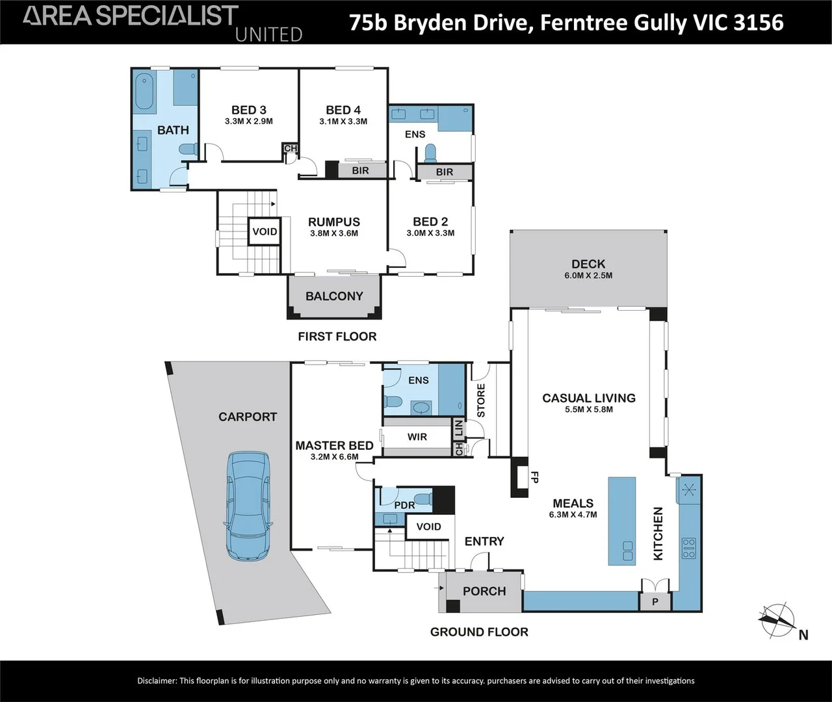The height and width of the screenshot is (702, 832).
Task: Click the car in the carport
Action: [248, 506]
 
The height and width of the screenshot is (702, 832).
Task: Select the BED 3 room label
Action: [249, 110]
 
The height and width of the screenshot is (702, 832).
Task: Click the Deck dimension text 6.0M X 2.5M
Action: [588, 276]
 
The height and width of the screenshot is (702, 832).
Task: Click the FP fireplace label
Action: [535, 477]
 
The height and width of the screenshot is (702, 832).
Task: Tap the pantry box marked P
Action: [655, 602]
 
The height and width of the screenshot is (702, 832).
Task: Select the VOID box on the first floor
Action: [265, 231]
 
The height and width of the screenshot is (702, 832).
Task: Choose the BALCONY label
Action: [334, 296]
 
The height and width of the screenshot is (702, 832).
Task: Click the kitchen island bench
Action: [621, 521]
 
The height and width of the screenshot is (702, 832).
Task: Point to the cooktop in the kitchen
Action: [689, 549]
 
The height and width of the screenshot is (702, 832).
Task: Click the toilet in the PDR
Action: [424, 499]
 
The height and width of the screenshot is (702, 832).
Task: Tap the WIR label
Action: [417, 437]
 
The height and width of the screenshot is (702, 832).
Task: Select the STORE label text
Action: [481, 400]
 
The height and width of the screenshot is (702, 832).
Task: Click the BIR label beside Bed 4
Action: [360, 170]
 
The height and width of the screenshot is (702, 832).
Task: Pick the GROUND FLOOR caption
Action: [479, 632]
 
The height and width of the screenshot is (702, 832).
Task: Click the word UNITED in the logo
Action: [269, 34]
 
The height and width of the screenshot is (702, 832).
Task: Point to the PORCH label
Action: [484, 591]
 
